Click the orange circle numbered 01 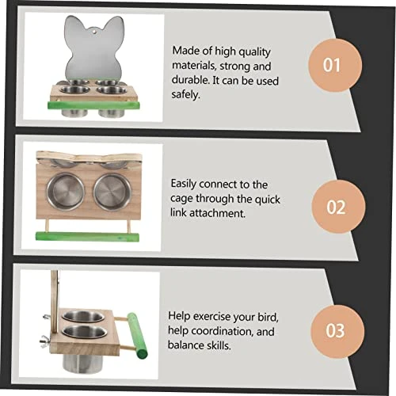(x=335, y=65)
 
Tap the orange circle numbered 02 (x=338, y=207)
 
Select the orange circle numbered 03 (x=337, y=331)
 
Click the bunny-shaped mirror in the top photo (x=94, y=50)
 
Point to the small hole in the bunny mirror (x=93, y=32)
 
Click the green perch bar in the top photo (x=93, y=105)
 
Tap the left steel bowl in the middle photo (x=66, y=191)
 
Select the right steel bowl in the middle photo (x=112, y=192)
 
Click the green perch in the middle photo (x=87, y=236)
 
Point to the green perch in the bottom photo (x=137, y=335)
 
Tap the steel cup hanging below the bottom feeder (x=80, y=364)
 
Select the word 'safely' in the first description (x=185, y=94)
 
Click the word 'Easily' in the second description (x=183, y=184)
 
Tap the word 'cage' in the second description (x=181, y=200)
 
